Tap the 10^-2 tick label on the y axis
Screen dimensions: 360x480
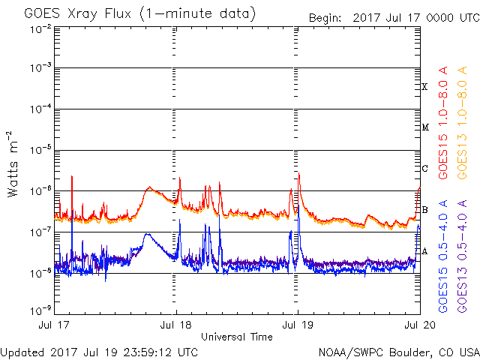click(x=40, y=28)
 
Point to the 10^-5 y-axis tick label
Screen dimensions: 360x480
click(x=40, y=150)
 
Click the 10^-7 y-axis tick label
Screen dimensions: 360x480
click(x=40, y=232)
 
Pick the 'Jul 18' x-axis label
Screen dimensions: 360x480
click(x=177, y=325)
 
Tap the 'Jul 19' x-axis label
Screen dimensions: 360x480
click(x=298, y=325)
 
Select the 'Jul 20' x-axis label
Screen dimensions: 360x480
click(x=418, y=325)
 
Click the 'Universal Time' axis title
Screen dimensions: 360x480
click(x=236, y=337)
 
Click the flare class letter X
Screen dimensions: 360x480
click(x=424, y=87)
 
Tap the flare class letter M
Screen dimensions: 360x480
click(x=424, y=127)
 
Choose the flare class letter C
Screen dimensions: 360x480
click(x=424, y=169)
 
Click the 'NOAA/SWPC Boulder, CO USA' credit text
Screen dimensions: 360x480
click(x=398, y=352)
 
